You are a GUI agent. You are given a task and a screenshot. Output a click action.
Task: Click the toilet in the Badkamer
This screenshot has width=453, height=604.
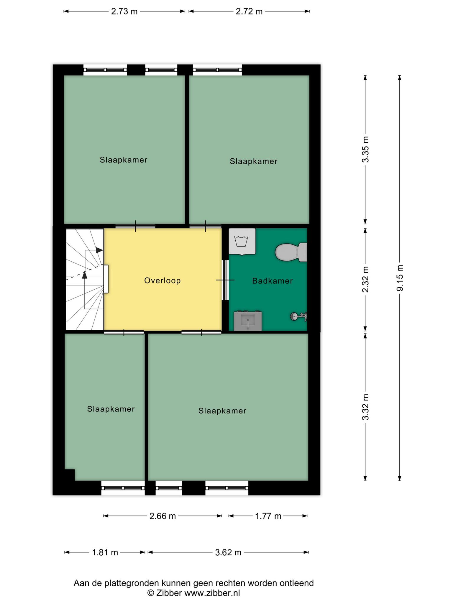pos(291,252)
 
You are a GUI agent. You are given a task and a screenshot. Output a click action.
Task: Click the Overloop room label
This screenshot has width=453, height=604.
pos(163,280)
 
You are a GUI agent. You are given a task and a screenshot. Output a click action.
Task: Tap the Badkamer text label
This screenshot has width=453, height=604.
pos(273,281)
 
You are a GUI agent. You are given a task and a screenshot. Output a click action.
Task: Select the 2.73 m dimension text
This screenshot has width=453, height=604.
pos(124,12)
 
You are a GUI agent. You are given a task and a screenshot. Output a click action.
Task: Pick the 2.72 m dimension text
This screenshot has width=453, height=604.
pos(249,12)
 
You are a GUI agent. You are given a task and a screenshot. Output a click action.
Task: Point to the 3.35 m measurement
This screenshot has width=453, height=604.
pos(365,150)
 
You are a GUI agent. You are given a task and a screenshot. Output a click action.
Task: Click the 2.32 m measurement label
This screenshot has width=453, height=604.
pos(365,279)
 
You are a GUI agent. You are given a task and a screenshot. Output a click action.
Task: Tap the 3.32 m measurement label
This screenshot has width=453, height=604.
pos(365,407)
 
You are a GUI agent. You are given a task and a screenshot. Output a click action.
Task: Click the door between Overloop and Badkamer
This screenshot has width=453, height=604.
pos(225,280)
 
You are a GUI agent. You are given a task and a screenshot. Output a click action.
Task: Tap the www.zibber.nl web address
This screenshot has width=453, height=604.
pos(212,593)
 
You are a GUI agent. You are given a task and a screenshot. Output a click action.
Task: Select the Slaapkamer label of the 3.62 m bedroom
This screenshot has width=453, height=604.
pos(222,411)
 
